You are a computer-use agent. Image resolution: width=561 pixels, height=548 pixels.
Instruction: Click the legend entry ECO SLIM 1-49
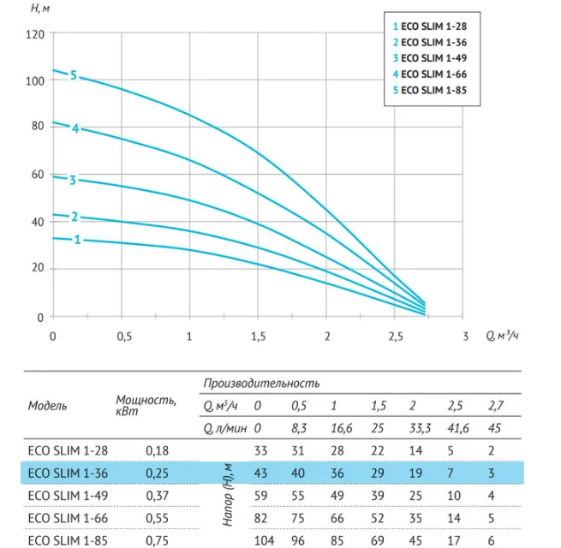point(430,58)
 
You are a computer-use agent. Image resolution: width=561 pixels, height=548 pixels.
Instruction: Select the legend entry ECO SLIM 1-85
point(430,90)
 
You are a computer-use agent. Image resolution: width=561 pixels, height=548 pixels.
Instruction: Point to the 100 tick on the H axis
point(35,81)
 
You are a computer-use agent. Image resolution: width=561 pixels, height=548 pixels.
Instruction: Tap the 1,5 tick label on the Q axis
point(259,337)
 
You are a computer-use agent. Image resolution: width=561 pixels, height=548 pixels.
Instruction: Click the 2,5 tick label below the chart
point(396,337)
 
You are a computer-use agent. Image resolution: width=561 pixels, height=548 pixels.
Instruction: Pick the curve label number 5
point(74,75)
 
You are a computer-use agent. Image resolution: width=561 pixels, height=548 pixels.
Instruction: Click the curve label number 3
point(73,180)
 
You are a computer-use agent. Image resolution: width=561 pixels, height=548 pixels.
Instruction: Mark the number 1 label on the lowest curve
point(77,239)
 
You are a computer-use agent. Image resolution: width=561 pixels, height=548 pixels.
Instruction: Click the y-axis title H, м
point(40,8)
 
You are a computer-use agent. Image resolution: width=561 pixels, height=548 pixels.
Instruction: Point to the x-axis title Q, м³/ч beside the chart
point(502,336)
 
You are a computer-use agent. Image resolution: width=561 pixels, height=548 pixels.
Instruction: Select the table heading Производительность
point(261,384)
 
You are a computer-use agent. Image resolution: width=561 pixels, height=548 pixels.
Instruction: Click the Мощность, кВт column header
point(146,405)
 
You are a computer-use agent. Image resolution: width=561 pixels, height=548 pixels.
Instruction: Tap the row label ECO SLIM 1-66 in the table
point(68,518)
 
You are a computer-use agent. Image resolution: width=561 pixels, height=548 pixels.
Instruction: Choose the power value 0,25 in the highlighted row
point(157,474)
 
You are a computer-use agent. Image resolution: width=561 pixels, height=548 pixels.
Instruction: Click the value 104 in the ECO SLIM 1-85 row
point(264,540)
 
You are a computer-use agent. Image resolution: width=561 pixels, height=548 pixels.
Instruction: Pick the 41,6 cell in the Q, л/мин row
point(458,428)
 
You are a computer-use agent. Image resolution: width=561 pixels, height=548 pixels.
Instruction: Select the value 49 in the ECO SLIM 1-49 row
point(337,496)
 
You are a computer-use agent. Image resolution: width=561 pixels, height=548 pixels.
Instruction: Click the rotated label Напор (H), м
point(228,495)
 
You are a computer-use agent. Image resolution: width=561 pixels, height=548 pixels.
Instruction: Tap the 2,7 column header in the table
point(496,406)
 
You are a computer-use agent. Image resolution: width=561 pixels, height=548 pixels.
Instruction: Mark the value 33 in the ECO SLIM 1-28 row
point(261,450)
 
